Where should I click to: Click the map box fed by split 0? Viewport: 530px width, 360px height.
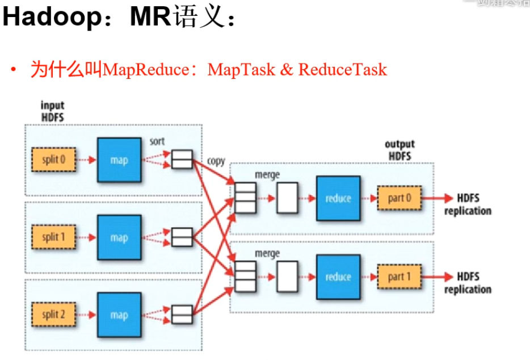coord(119,160)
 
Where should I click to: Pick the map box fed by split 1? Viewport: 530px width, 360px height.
coord(119,237)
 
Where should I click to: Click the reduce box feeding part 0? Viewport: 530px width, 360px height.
coord(338,199)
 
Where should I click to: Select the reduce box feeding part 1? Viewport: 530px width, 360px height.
coord(338,277)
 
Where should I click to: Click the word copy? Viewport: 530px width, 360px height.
coord(216,161)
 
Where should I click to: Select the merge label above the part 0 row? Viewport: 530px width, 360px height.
coord(267,175)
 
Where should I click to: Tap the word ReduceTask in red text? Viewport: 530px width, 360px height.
coord(343,70)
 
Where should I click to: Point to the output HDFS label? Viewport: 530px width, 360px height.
coord(399,150)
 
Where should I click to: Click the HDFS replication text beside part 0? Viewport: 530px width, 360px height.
coord(468,204)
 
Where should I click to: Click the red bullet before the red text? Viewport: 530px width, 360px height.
coord(12,70)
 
